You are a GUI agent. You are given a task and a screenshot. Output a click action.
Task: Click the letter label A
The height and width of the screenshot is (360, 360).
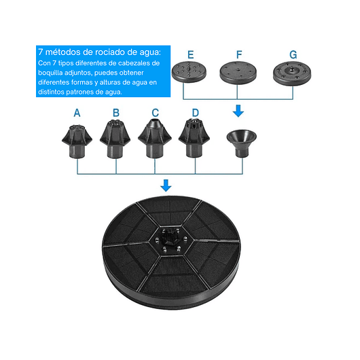(x=77, y=113)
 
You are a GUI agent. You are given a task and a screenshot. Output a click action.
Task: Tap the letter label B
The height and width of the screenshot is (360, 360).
(x=116, y=113)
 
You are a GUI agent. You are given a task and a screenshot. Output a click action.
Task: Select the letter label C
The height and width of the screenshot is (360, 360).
(x=155, y=113)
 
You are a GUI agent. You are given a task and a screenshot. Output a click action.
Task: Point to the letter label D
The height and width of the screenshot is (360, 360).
(x=196, y=113)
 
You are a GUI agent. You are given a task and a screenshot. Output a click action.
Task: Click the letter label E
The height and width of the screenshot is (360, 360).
(x=191, y=55)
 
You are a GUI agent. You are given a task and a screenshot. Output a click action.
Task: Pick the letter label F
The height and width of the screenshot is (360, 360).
(x=239, y=55)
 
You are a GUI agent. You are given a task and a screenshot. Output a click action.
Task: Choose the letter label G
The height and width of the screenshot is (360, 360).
(x=293, y=55)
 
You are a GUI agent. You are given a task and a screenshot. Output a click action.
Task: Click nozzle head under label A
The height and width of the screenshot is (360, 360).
(x=77, y=141)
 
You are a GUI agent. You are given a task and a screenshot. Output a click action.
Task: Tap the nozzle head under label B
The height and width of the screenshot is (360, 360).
(x=115, y=139)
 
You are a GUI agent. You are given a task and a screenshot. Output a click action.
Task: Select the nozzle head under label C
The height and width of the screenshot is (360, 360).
(x=155, y=139)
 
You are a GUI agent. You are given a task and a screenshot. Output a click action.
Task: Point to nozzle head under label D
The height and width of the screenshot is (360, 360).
(x=194, y=138)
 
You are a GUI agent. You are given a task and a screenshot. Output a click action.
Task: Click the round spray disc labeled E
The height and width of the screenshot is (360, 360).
(x=189, y=72)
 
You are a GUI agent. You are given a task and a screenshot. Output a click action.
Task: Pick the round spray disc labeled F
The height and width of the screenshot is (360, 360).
(x=238, y=73)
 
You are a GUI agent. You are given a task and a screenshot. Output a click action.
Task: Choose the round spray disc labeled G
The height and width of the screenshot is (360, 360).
(x=292, y=73)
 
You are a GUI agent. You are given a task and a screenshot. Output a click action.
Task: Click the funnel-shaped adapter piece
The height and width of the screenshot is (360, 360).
(x=242, y=143)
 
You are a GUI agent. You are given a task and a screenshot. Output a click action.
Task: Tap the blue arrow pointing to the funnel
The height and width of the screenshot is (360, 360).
(x=238, y=111)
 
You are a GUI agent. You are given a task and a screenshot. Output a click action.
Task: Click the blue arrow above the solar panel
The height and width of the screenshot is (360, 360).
(x=166, y=185)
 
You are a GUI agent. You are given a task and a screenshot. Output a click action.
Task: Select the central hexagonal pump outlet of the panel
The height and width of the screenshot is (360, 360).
(x=170, y=240)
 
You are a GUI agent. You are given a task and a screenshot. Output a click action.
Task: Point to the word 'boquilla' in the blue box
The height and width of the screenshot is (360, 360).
(x=50, y=73)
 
